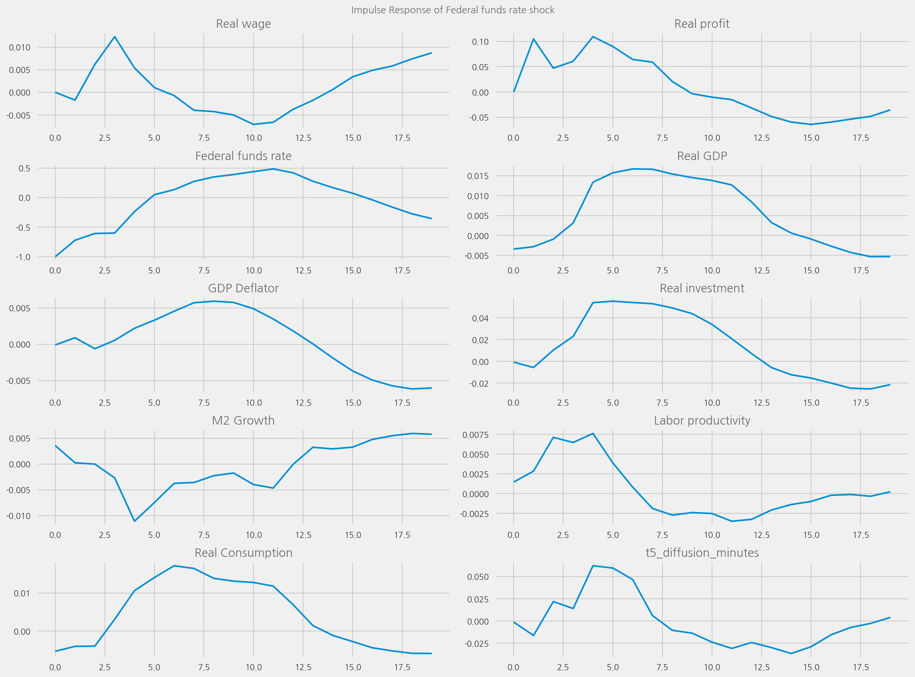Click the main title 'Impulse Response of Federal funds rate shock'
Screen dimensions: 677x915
453,10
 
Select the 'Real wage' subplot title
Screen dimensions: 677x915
243,24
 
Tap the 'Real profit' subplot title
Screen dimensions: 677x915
702,24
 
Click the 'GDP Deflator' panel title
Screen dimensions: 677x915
243,288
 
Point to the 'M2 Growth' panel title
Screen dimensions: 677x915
243,421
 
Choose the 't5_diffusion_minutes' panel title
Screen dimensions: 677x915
702,553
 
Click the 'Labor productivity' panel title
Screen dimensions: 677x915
702,421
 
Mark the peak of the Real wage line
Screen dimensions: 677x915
115,36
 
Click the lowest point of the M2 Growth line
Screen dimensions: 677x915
134,521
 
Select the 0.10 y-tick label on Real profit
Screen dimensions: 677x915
480,42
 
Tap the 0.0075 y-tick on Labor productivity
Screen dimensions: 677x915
476,435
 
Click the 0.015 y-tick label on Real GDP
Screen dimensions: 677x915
478,176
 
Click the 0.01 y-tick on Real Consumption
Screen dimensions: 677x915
22,594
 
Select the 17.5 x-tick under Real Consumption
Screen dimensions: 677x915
402,667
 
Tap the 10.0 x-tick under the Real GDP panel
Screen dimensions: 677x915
712,271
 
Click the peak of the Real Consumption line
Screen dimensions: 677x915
174,566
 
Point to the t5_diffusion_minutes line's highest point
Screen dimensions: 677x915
593,566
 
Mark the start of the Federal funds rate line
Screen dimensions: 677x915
55,256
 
